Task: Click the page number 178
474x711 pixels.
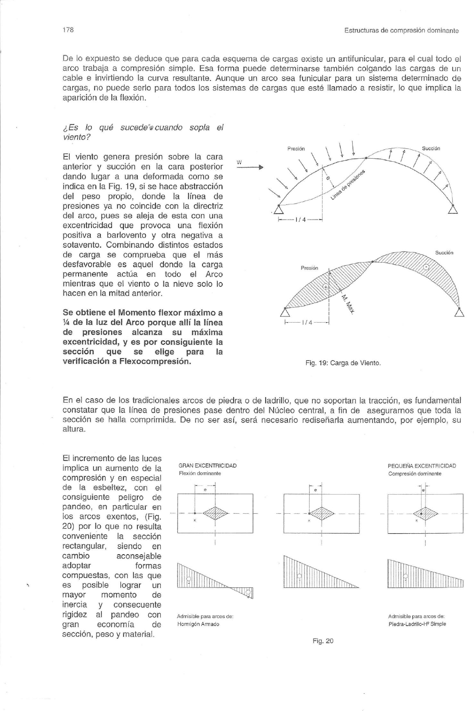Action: click(68, 30)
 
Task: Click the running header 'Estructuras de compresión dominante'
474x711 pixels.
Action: click(401, 31)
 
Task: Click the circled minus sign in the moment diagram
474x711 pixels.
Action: click(426, 267)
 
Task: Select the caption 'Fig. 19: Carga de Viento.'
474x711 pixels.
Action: click(343, 363)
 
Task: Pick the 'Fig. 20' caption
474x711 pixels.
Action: click(323, 641)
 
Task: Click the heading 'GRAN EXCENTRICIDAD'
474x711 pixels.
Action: click(207, 466)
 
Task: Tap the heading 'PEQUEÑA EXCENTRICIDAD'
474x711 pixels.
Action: click(422, 466)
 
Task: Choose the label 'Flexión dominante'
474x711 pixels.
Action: click(200, 473)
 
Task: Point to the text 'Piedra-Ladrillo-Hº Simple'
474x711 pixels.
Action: click(417, 624)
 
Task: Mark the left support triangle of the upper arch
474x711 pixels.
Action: click(279, 210)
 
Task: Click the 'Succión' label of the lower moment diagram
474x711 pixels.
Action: click(444, 252)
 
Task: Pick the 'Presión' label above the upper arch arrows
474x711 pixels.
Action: click(296, 149)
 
